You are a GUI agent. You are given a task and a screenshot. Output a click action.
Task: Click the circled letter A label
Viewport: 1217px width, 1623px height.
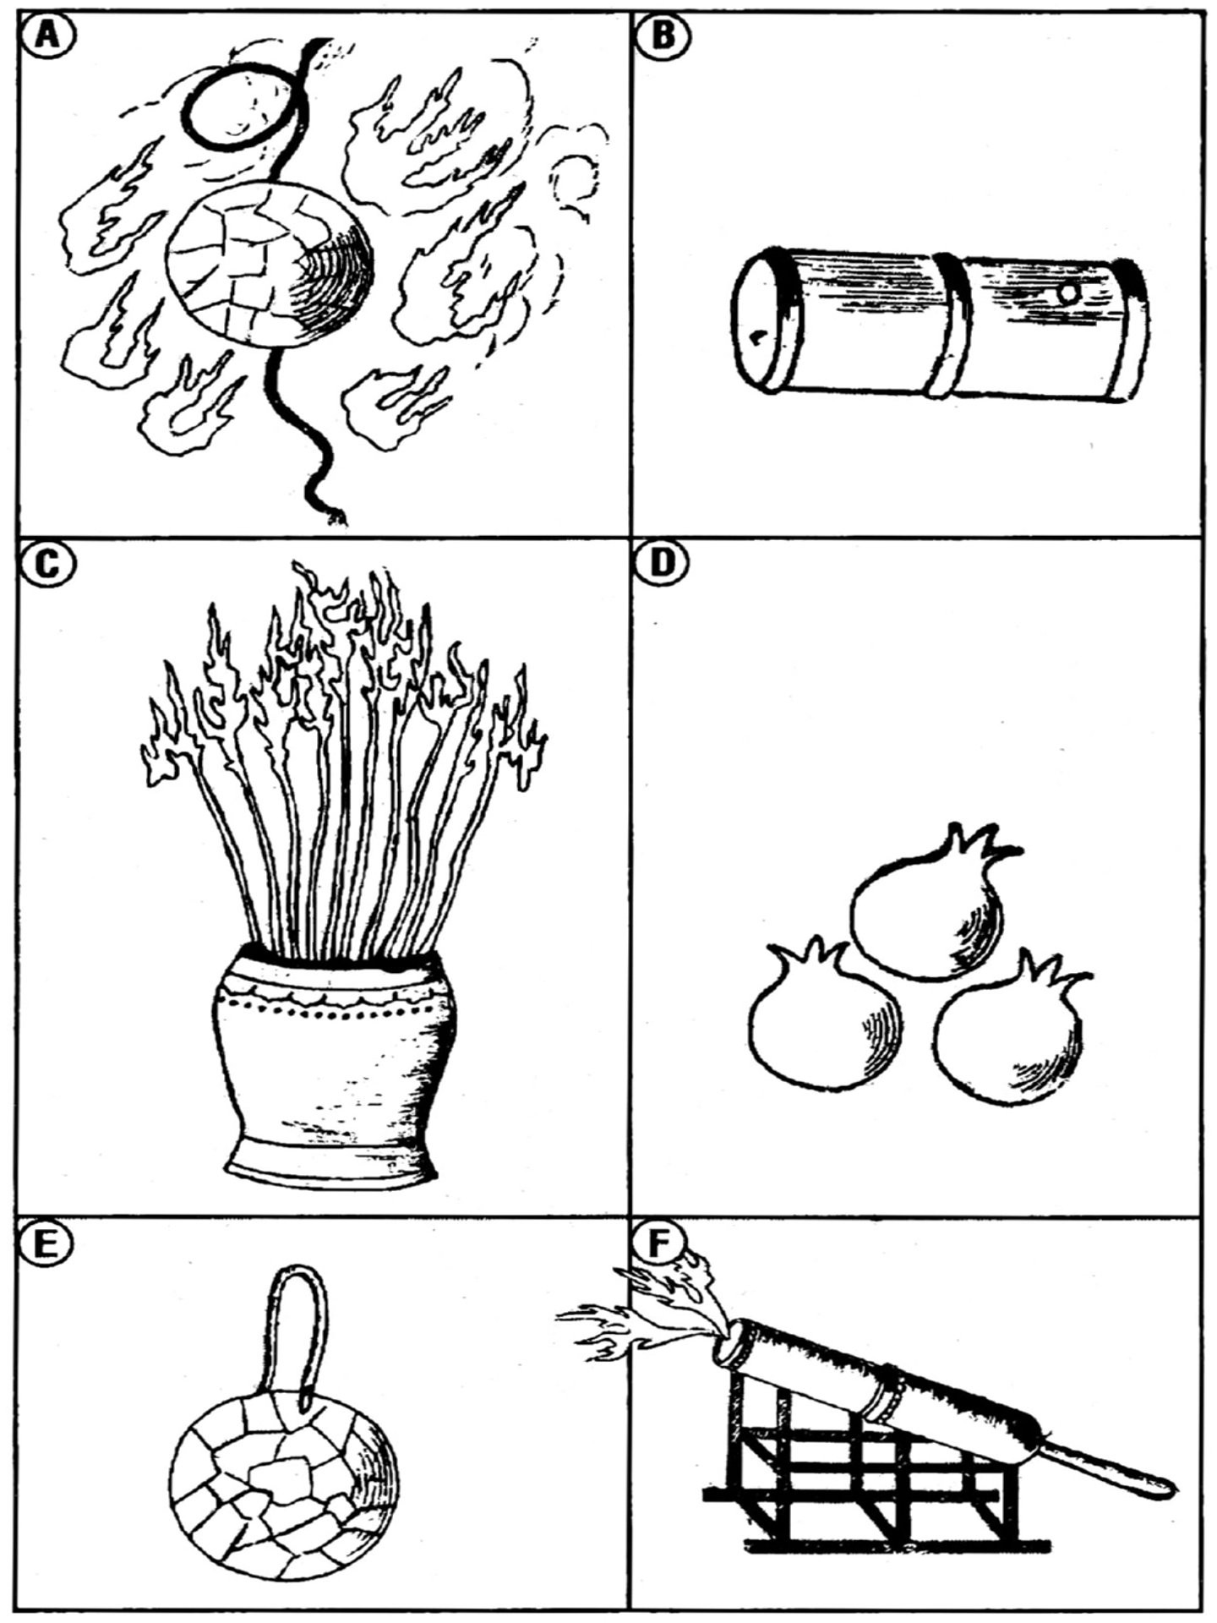tap(47, 38)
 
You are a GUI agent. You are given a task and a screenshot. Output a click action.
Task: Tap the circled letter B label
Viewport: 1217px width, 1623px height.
tap(664, 38)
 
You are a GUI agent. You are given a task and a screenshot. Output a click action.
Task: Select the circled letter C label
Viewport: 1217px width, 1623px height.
tap(47, 563)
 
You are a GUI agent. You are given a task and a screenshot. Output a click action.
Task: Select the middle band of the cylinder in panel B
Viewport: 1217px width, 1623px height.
tap(952, 325)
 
